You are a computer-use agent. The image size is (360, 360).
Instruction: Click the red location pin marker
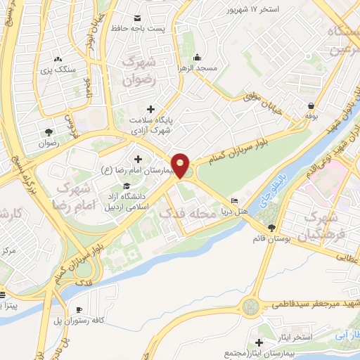[181, 165]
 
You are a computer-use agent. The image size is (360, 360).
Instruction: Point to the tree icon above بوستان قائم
[271, 227]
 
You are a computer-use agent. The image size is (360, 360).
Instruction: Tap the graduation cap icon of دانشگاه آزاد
[126, 186]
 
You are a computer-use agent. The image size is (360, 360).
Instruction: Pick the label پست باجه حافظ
[138, 27]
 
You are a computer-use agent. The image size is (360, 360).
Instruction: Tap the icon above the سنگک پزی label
[58, 60]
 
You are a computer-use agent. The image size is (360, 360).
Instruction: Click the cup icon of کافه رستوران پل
[79, 310]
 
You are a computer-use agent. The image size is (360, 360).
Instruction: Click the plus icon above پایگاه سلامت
[150, 108]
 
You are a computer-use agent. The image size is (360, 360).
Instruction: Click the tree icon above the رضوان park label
[49, 131]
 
